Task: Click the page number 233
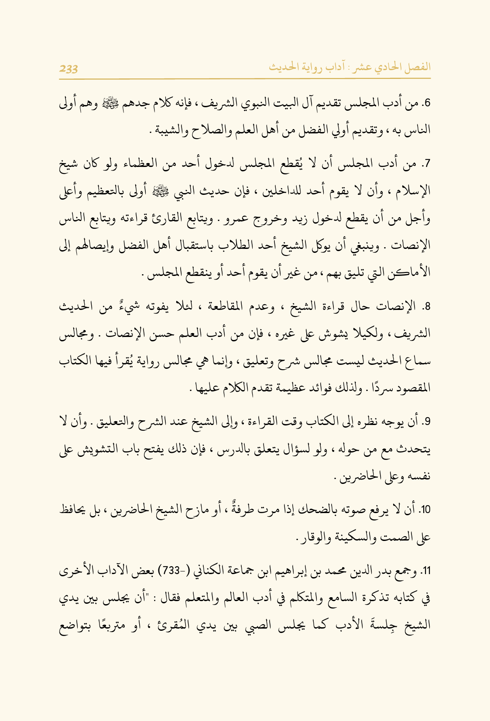[x=69, y=68]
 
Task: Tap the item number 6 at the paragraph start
[x=428, y=103]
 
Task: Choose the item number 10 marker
[x=426, y=510]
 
